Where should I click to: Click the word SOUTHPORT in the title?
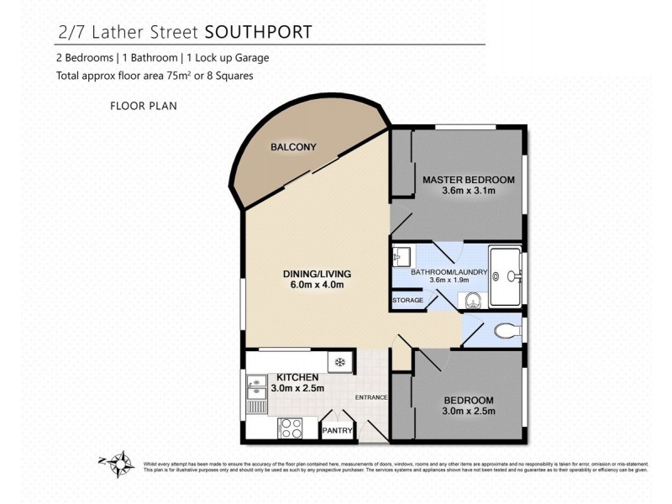point(259,32)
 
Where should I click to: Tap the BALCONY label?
point(293,148)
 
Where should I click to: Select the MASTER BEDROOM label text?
point(468,180)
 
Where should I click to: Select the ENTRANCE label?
point(370,397)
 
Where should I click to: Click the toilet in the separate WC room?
point(505,329)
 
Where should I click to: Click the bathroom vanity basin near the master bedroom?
point(402,255)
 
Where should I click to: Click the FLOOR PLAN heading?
point(142,107)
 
